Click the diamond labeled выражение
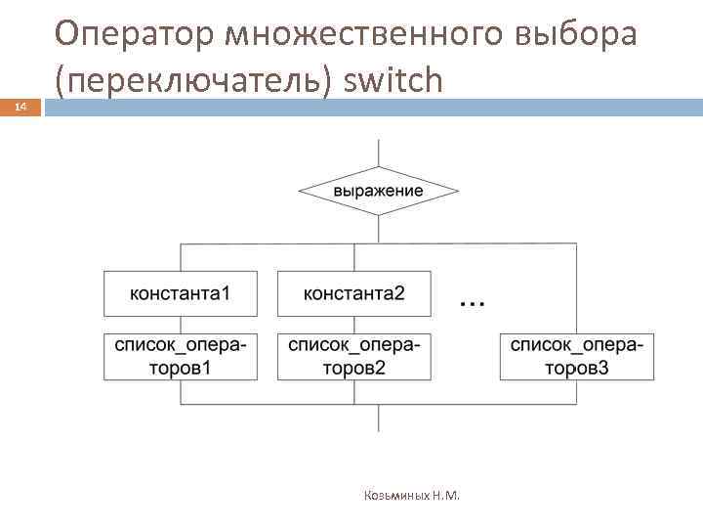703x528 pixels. pos(378,191)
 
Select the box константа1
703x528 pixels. pos(181,293)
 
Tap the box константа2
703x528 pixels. pos(354,293)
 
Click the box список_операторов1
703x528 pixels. pos(181,356)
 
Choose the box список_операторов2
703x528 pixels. pos(354,356)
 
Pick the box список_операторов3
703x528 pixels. pos(576,356)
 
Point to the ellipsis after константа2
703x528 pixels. pos(472,302)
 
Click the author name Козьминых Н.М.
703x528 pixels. pos(409,495)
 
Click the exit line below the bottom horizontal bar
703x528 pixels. pos(378,418)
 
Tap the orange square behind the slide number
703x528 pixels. pos(21,110)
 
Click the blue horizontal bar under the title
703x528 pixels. pos(371,107)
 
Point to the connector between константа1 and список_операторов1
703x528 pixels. pos(181,325)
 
